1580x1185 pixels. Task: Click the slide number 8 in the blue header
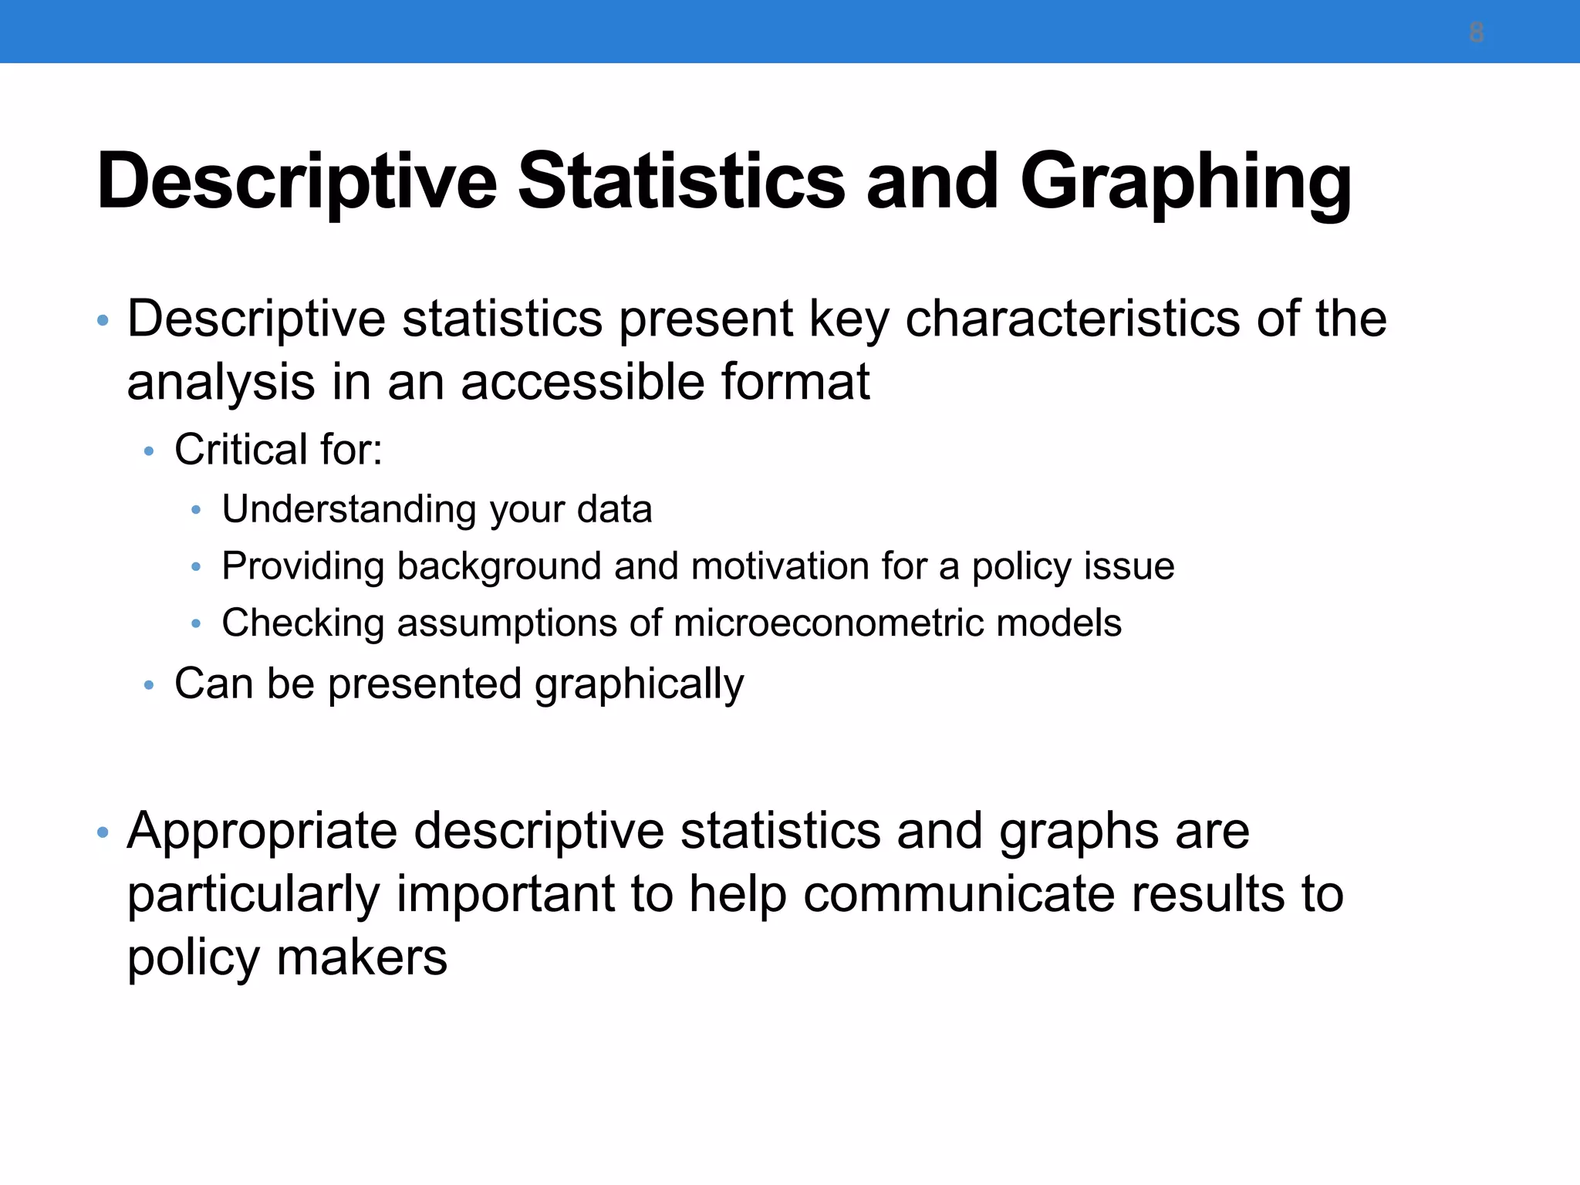[1476, 33]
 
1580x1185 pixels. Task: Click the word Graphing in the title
[1185, 184]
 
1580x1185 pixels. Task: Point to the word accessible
[583, 382]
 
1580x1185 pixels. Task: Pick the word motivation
[780, 566]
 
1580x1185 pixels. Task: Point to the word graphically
[639, 685]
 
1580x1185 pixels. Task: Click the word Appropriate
[262, 832]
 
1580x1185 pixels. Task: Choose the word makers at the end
[362, 958]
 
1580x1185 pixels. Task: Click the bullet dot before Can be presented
[149, 685]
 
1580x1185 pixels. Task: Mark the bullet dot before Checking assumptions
[196, 623]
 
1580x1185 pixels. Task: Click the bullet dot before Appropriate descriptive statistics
[103, 832]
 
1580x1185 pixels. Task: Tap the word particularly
[254, 896]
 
